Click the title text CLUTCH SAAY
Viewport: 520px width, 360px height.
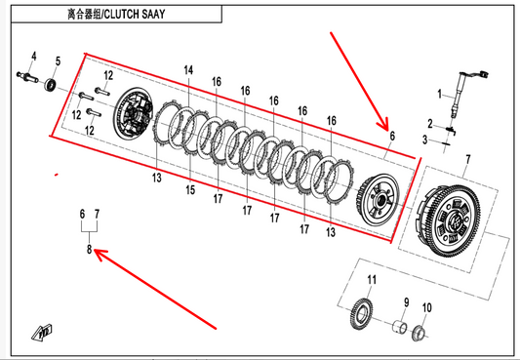click(135, 15)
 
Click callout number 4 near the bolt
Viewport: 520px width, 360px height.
click(34, 57)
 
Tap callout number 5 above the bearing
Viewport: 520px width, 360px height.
click(58, 61)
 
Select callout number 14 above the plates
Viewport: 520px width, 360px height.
click(188, 70)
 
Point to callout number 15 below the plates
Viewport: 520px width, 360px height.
click(190, 190)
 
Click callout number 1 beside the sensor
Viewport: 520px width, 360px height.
click(440, 95)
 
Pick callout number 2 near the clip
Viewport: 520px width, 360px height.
click(430, 124)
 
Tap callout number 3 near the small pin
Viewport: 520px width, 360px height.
click(424, 140)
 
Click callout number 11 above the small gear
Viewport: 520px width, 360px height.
click(372, 280)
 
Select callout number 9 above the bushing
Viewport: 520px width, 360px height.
click(407, 302)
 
